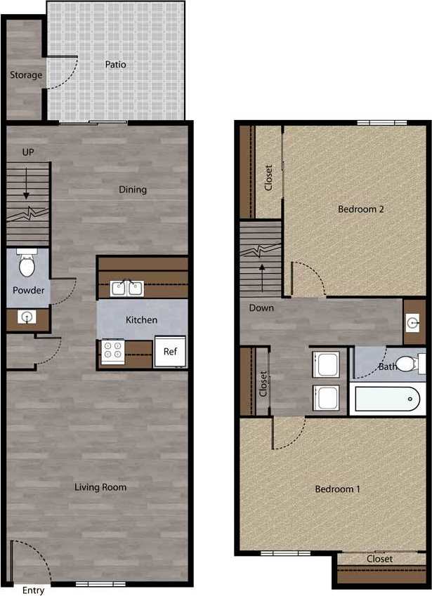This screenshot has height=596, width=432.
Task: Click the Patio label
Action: [x=115, y=65]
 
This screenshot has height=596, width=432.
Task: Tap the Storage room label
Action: [x=26, y=75]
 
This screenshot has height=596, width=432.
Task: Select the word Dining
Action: [x=133, y=190]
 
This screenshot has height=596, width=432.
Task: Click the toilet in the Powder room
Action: [x=27, y=265]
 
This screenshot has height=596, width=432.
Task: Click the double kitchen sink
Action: [x=127, y=289]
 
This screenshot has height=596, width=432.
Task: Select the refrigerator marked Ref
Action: [x=171, y=352]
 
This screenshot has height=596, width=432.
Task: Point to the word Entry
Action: [x=33, y=590]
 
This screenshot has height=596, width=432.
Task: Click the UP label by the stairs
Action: [x=28, y=152]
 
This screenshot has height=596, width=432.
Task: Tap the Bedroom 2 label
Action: [x=360, y=209]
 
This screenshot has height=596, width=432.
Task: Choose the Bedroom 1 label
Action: [x=337, y=489]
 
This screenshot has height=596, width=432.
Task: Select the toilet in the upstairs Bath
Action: [x=407, y=364]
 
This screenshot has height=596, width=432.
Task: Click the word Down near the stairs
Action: [x=261, y=308]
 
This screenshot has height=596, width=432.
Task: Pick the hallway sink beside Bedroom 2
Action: [x=413, y=323]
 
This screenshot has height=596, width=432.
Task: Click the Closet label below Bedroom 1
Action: [x=380, y=559]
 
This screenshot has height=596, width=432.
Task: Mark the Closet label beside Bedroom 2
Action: [x=268, y=178]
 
